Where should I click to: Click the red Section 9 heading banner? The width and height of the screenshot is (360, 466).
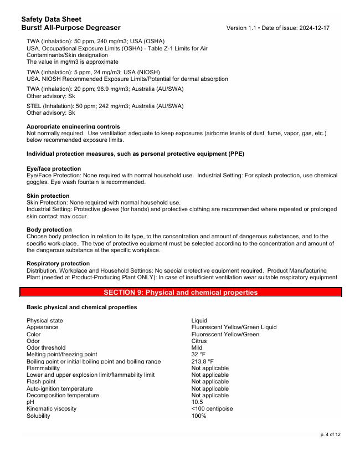[181, 292]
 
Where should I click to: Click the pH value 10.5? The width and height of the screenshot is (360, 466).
[197, 402]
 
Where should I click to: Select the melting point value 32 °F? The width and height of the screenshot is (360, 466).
[198, 355]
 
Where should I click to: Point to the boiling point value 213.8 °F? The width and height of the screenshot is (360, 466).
[203, 361]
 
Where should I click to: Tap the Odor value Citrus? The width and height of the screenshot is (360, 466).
[199, 341]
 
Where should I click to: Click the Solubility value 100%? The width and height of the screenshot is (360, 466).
[199, 416]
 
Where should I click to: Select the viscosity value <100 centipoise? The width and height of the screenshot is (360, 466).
[212, 409]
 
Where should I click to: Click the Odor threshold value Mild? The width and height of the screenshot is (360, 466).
[197, 348]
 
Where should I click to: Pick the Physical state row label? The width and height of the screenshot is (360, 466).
[45, 320]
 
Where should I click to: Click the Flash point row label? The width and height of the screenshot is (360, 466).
[41, 382]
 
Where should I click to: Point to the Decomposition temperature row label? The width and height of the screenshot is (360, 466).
[63, 396]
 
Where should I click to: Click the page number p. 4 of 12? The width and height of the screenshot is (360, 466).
[331, 434]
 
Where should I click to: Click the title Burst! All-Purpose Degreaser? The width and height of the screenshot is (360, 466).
[71, 27]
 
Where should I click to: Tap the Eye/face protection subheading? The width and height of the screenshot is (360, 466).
[54, 168]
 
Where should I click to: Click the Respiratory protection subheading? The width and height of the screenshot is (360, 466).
[58, 263]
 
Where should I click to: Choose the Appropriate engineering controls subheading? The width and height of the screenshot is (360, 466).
[73, 126]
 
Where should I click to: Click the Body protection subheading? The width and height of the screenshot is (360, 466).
[49, 229]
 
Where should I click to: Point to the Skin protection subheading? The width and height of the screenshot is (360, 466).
[48, 196]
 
